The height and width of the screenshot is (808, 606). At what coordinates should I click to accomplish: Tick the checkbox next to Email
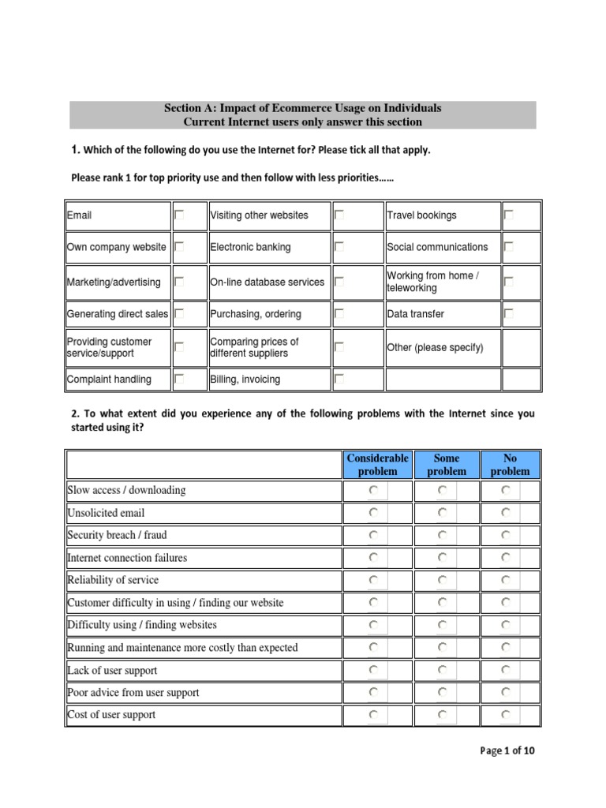[179, 215]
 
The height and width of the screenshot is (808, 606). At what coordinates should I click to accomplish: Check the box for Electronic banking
[339, 247]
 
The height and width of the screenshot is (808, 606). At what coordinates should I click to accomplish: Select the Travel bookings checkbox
[509, 215]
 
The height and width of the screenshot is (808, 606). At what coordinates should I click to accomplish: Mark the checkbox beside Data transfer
[509, 314]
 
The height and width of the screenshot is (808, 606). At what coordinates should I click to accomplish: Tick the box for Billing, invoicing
[339, 380]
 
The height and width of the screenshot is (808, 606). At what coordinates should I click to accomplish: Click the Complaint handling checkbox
[179, 380]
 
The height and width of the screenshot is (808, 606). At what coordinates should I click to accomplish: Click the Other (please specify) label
[435, 348]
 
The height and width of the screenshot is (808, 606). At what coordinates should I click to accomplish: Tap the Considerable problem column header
[377, 465]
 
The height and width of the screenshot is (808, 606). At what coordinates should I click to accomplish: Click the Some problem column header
[446, 465]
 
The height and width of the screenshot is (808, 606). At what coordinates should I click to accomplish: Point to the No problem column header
[510, 465]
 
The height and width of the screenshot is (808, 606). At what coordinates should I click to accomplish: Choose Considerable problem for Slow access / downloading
[373, 491]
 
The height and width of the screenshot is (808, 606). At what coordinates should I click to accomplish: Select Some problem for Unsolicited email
[442, 513]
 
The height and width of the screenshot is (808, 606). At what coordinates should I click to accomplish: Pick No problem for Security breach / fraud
[505, 535]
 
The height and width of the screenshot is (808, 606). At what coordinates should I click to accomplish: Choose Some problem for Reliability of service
[442, 580]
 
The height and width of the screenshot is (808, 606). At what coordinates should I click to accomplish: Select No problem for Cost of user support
[505, 715]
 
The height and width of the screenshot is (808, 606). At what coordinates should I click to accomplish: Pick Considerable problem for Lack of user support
[373, 670]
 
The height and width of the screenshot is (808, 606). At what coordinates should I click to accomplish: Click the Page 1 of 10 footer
[507, 751]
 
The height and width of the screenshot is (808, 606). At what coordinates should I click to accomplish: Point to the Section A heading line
[302, 108]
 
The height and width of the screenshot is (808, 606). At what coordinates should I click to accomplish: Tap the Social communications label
[437, 247]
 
